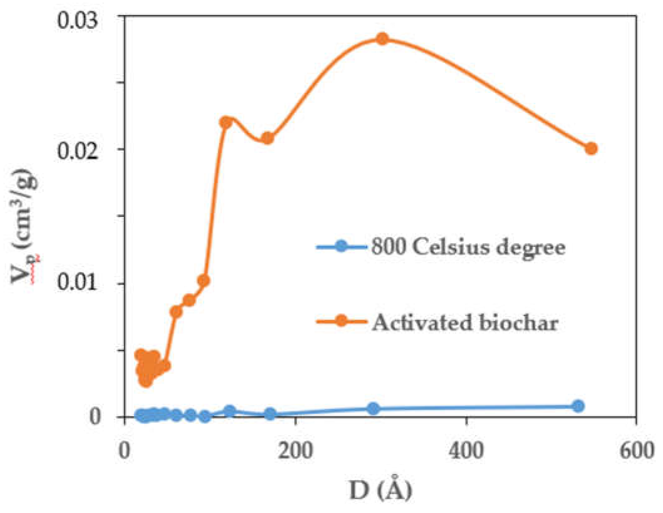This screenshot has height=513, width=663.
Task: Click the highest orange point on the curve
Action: point(382,39)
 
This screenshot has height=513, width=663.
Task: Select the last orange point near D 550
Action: point(591,149)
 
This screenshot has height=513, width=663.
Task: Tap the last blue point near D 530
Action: point(578,406)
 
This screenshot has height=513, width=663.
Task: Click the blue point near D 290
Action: point(373,408)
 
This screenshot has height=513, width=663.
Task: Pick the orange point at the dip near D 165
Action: point(267,138)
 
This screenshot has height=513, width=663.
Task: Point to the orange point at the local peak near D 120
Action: point(225,122)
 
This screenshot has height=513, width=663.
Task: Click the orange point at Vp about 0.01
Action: point(204,280)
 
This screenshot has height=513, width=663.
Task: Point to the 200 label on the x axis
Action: point(295,451)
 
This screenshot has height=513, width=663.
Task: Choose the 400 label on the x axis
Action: point(466,451)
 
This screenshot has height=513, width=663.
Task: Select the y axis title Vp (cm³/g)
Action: point(25,226)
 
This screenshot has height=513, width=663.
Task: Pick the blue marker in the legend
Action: point(341,246)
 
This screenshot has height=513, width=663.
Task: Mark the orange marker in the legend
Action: point(341,321)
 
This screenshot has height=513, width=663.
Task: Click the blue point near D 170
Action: point(270,414)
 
